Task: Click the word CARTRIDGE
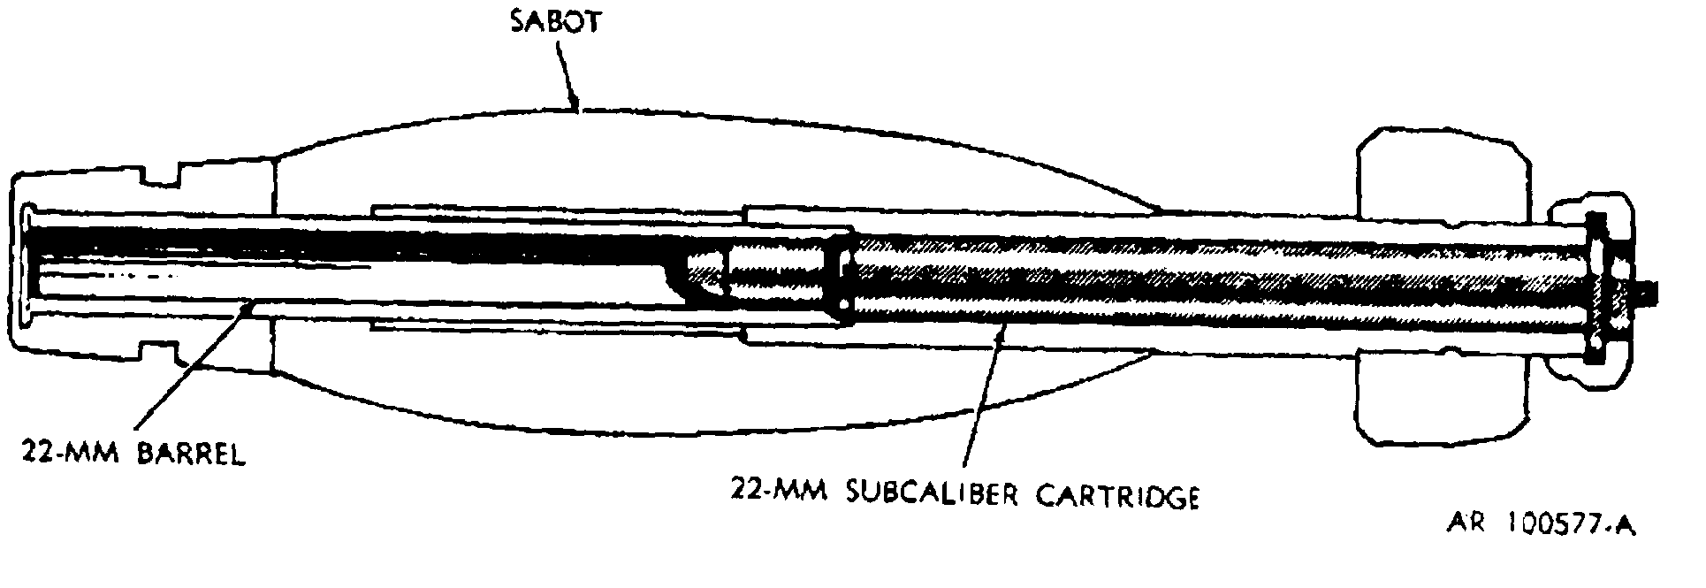[1117, 495]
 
